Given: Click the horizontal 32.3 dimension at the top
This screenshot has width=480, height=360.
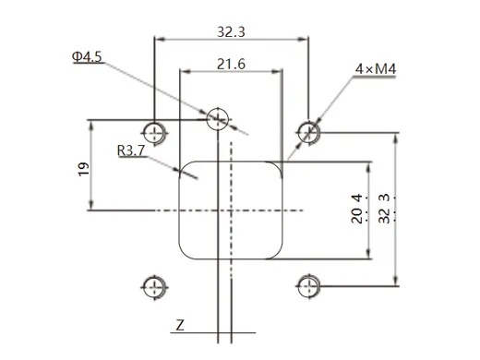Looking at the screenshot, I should click(231, 30).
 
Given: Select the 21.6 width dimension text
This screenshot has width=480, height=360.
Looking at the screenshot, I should click(231, 64).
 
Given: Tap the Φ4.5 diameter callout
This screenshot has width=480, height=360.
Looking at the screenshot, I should click(87, 57).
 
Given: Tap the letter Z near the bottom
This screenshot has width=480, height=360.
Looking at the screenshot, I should click(181, 325).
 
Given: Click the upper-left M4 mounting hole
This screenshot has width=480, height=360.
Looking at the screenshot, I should click(155, 127).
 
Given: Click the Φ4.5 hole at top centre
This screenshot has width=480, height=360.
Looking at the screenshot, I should click(218, 117).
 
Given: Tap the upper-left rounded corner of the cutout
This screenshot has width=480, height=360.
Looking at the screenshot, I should click(185, 170).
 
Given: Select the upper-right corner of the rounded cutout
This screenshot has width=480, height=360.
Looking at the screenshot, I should click(277, 170).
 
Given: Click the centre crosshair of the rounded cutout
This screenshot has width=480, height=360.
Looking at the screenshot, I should click(231, 211).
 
